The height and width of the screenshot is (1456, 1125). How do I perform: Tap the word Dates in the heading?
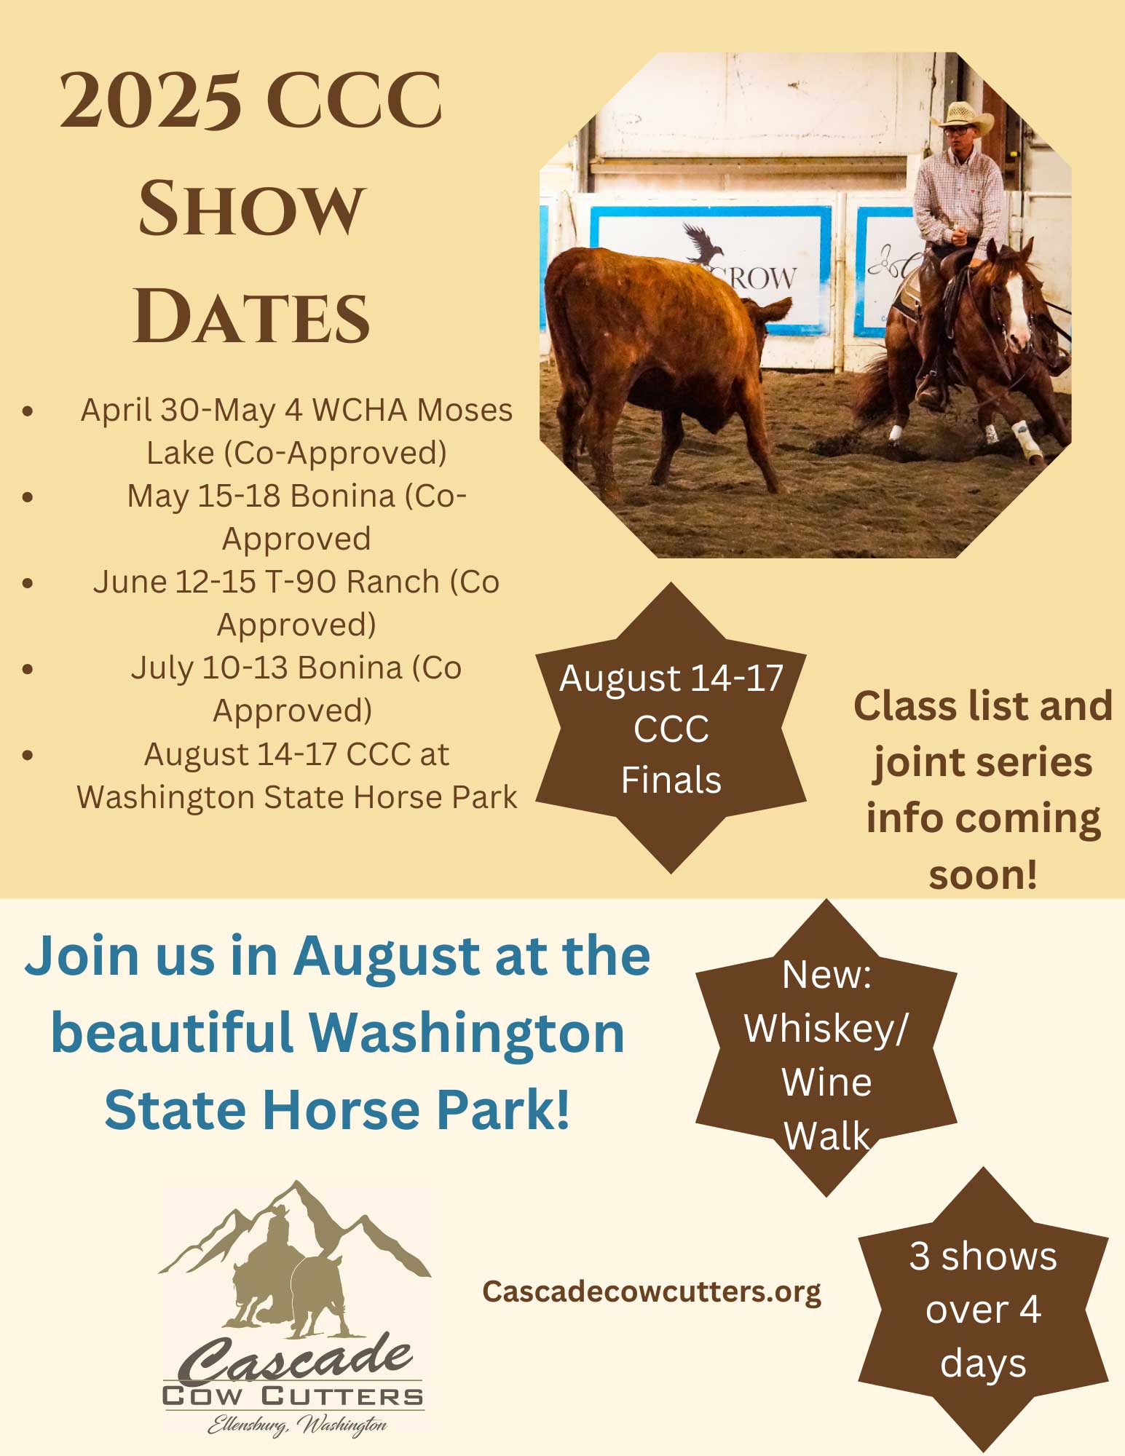pyautogui.click(x=252, y=316)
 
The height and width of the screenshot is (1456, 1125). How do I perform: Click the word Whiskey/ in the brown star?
pyautogui.click(x=826, y=1029)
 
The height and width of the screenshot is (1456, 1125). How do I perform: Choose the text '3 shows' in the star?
pyautogui.click(x=983, y=1256)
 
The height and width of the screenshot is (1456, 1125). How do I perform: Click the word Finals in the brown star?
pyautogui.click(x=671, y=780)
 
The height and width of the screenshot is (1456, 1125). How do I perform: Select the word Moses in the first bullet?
pyautogui.click(x=465, y=410)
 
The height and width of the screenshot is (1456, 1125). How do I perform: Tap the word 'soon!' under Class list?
pyautogui.click(x=982, y=874)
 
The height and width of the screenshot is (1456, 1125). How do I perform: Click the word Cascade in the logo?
pyautogui.click(x=295, y=1358)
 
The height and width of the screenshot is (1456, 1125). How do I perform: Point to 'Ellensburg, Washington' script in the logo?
pyautogui.click(x=297, y=1425)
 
